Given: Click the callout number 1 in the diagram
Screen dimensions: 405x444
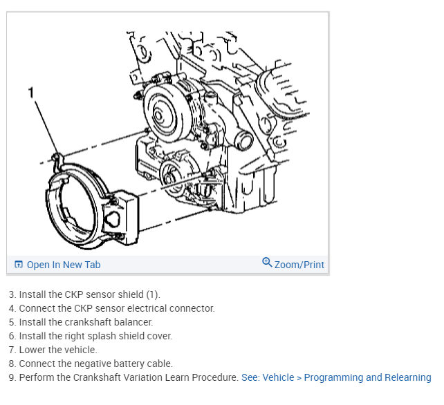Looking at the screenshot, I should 31,91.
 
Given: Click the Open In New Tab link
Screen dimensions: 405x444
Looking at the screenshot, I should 63,265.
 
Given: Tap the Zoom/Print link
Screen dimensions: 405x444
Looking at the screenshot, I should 299,265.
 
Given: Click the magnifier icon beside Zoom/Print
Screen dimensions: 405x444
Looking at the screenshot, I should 267,263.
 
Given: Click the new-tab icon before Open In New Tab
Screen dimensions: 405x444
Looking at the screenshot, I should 19,265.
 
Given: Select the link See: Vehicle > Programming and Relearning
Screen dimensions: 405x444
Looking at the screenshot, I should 336,377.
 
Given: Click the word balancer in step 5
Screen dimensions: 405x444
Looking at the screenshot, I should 133,322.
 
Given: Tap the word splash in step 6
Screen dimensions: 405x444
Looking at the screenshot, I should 94,336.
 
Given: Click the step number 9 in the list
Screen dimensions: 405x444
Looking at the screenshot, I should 12,377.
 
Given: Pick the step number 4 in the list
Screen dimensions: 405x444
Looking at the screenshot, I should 12,308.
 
